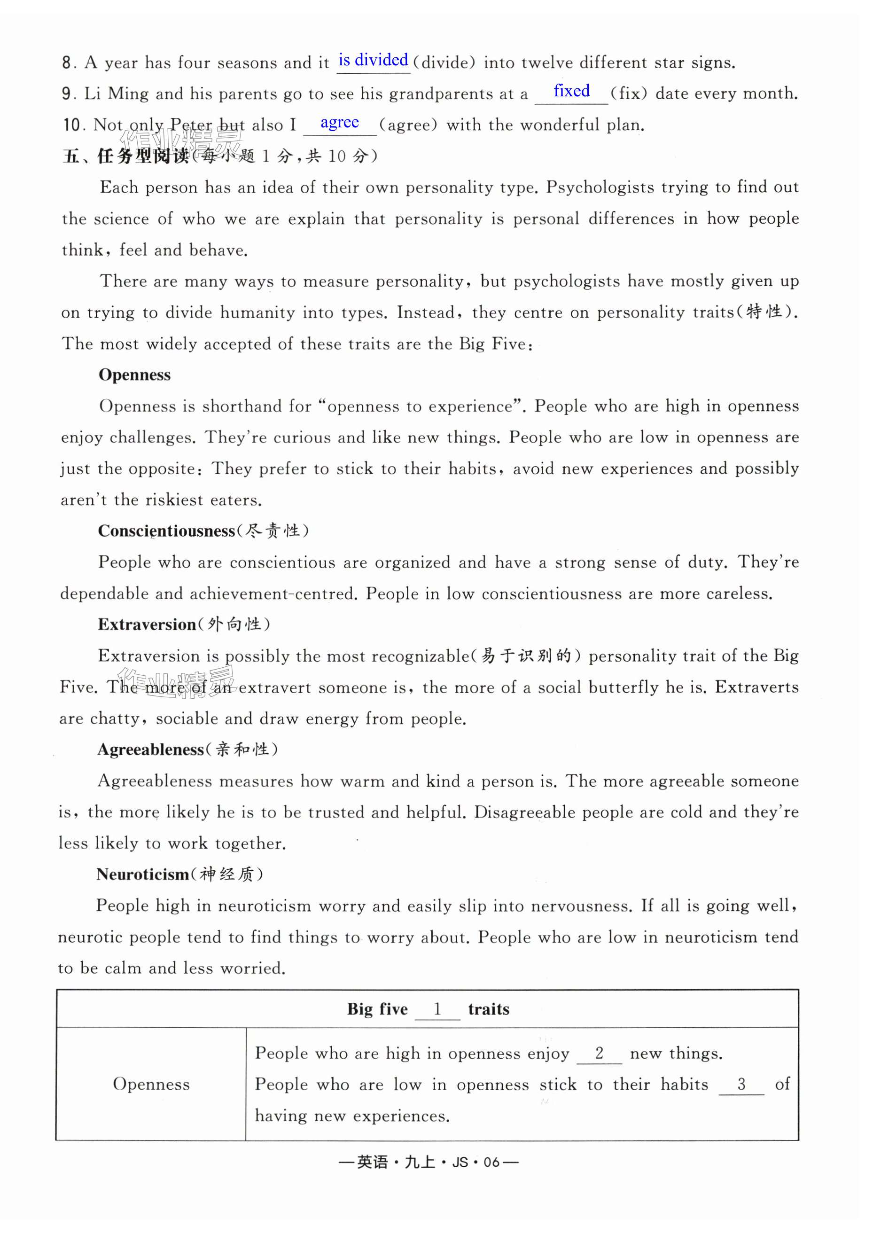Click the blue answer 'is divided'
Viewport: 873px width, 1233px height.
(373, 60)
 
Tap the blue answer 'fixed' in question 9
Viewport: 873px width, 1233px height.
(571, 91)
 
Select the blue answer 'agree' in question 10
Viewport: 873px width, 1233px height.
(339, 123)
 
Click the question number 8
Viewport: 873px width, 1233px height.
(67, 63)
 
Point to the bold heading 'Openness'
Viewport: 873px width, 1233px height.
(134, 375)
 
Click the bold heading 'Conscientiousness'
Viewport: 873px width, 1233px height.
(167, 531)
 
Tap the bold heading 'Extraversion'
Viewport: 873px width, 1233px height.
(147, 624)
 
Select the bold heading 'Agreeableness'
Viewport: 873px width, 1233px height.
(150, 750)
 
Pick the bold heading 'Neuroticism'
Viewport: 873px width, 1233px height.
(142, 874)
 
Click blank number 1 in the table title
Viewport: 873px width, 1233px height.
(437, 1009)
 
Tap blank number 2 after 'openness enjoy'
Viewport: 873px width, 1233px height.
(600, 1053)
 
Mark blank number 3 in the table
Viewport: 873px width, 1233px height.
(741, 1084)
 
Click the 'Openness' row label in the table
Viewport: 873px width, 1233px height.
(151, 1084)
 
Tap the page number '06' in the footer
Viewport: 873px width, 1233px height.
(491, 1163)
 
